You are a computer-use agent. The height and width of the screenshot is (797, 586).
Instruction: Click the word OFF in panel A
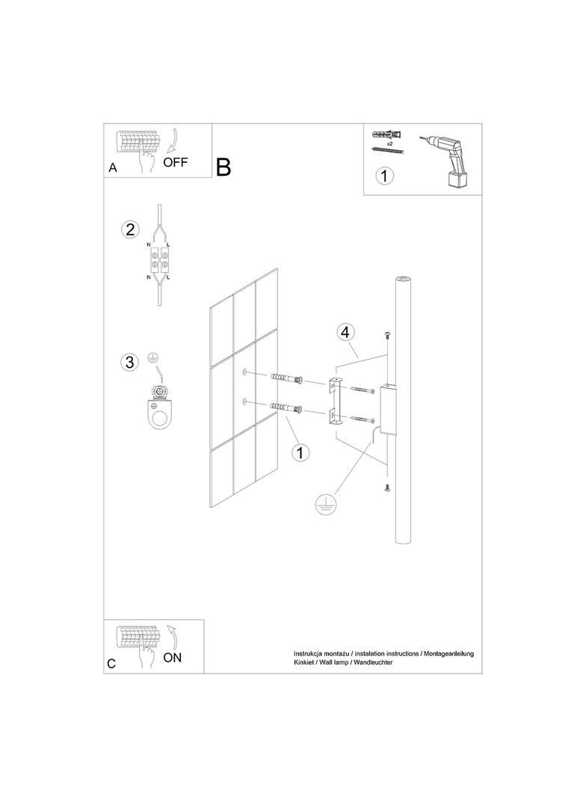[x=176, y=162]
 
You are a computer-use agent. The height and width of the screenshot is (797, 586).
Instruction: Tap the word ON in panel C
[x=173, y=657]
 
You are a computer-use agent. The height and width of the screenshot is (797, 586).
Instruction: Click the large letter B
[x=223, y=167]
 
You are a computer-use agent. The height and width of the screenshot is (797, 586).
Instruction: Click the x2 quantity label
[x=390, y=144]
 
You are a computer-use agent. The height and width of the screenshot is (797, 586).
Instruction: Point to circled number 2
[x=130, y=230]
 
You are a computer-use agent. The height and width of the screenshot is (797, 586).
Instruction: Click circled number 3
[x=129, y=363]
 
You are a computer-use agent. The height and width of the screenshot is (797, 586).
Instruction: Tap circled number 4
[x=345, y=333]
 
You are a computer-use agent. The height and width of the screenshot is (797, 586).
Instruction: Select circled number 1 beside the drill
[x=384, y=176]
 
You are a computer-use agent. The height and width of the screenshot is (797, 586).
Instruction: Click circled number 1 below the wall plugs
[x=300, y=452]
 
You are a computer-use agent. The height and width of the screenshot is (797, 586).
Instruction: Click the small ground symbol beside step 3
[x=151, y=358]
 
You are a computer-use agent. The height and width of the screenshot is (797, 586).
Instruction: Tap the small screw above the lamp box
[x=386, y=336]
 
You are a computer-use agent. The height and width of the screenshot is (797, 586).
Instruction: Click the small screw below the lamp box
[x=386, y=488]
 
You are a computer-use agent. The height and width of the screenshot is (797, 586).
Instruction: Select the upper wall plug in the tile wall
[x=286, y=378]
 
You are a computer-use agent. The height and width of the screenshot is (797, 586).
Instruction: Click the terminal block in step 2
[x=159, y=259]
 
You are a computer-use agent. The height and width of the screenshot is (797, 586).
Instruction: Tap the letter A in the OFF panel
[x=113, y=167]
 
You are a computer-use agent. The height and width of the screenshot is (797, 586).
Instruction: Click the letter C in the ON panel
[x=112, y=663]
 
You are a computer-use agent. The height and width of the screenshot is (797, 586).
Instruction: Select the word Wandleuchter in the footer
[x=374, y=662]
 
